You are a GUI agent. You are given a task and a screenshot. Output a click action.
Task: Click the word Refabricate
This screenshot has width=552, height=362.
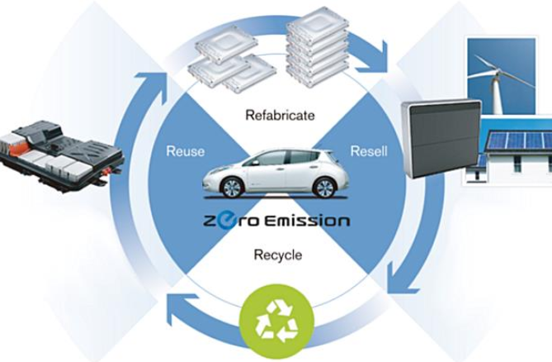[x=280, y=115]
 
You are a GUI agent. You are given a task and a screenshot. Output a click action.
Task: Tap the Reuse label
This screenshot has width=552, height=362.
[x=186, y=151]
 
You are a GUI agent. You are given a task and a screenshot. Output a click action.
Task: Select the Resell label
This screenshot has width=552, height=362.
[x=369, y=151]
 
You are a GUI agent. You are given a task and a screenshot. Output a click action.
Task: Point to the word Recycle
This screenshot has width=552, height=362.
[x=278, y=255]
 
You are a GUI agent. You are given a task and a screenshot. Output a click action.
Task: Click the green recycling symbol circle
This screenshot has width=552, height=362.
[x=276, y=322]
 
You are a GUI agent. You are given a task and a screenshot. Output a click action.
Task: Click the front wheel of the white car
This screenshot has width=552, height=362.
[x=232, y=187]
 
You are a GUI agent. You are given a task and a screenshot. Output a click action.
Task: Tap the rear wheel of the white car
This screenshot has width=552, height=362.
[x=324, y=187]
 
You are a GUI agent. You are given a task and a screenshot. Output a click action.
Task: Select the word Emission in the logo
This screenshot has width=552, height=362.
[x=307, y=221]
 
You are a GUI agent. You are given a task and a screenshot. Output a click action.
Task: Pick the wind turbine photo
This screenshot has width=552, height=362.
[x=502, y=76]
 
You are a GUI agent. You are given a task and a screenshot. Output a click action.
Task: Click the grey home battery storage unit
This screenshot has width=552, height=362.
[x=441, y=139]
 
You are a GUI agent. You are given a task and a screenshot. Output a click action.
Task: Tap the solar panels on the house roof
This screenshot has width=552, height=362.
[x=518, y=140]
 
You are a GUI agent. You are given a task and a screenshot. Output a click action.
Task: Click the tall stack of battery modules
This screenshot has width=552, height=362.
[x=318, y=48]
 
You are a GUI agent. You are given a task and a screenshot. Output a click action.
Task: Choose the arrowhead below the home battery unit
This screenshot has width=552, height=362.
[x=401, y=279]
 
